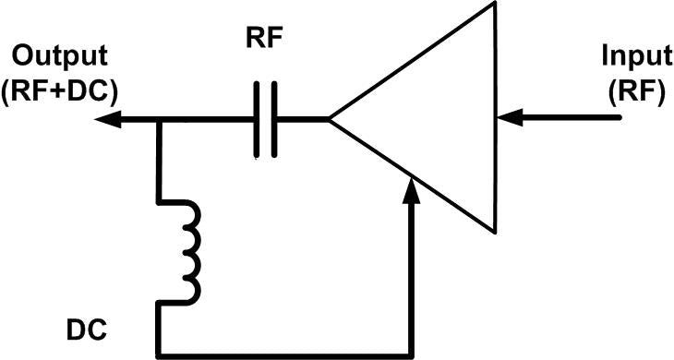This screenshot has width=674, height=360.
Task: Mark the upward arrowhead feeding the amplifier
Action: point(412,189)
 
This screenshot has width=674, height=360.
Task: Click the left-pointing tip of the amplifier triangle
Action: point(331,119)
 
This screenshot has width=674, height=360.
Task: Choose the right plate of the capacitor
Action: point(274,119)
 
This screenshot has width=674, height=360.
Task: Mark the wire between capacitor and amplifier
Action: point(303,119)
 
